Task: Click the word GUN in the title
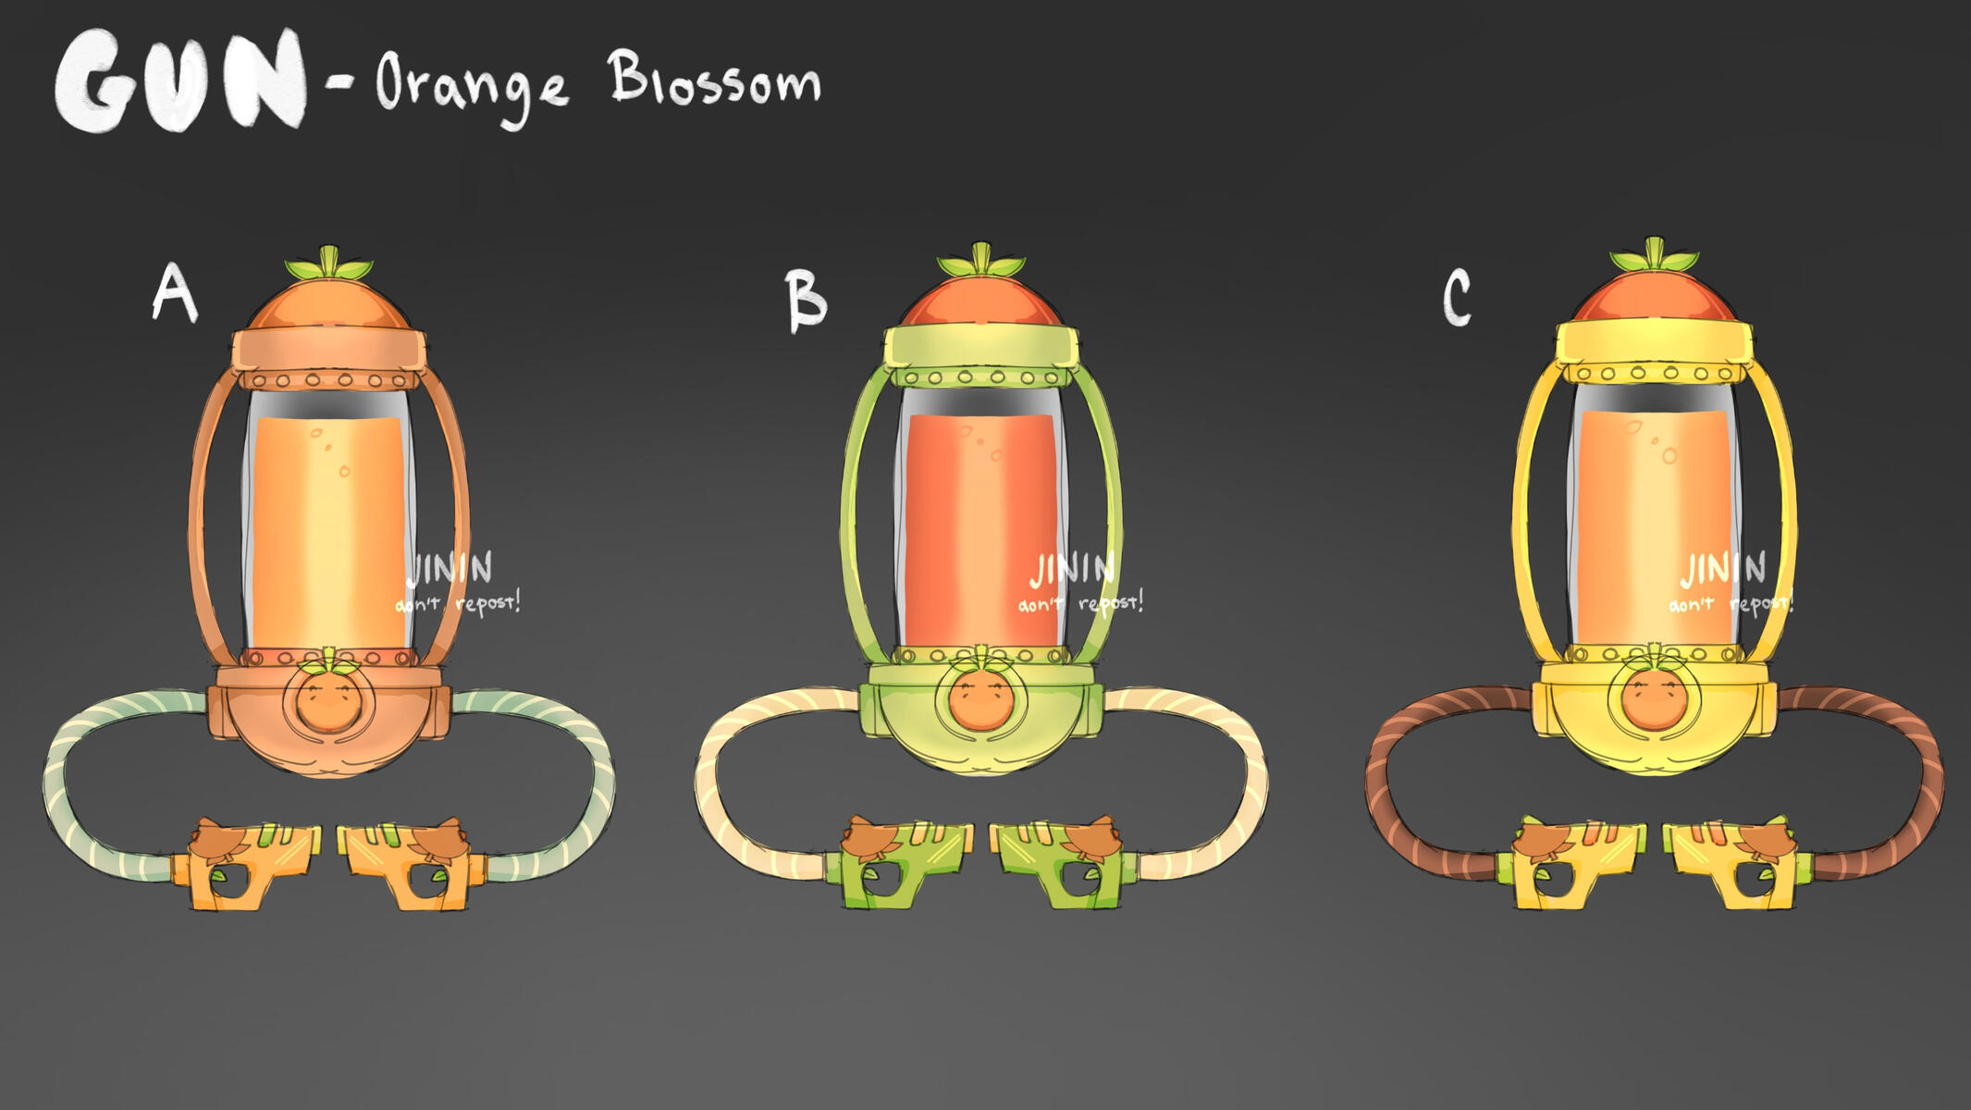pos(180,81)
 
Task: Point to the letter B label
pos(806,300)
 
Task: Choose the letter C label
pos(1457,297)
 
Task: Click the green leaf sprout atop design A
pos(329,265)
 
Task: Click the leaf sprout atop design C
pos(1654,256)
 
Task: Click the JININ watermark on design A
pos(450,568)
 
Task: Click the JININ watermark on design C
pos(1723,568)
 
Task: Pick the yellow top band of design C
pos(1654,342)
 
